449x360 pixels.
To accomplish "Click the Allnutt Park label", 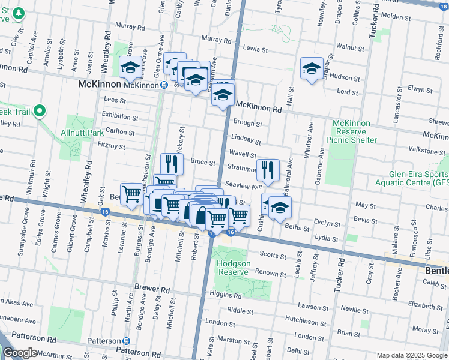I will (x=82, y=132).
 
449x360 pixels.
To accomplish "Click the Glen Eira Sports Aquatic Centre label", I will (x=410, y=178).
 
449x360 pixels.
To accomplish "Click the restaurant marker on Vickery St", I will (x=172, y=164).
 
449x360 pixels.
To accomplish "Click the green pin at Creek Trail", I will (x=40, y=111).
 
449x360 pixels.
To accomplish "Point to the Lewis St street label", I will (x=255, y=48).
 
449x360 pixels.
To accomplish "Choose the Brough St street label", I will (x=247, y=123).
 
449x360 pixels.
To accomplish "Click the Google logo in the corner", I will (x=20, y=353).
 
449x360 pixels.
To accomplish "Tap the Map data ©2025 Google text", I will (x=412, y=355).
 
